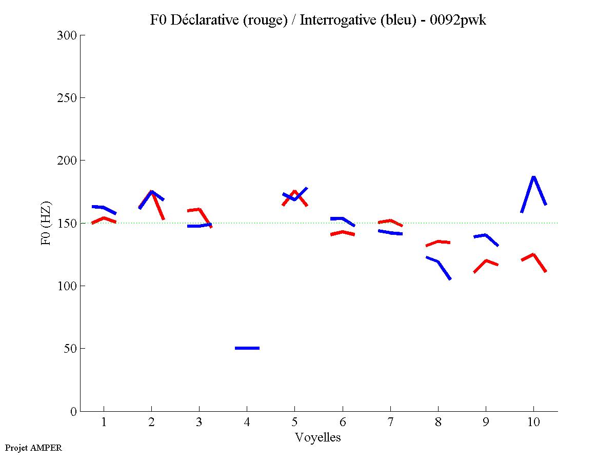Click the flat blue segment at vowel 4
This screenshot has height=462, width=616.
[x=247, y=348]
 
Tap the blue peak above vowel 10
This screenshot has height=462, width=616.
[x=534, y=177]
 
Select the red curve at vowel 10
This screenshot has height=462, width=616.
[x=534, y=255]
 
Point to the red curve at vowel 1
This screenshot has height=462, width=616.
[x=104, y=218]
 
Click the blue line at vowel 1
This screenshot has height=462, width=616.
[x=104, y=207]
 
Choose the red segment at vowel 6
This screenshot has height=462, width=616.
[x=342, y=232]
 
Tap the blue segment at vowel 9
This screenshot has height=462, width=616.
[x=485, y=235]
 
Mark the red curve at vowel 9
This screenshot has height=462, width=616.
[x=486, y=261]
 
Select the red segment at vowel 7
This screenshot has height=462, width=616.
[x=390, y=221]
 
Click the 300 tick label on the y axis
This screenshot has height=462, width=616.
[x=67, y=35]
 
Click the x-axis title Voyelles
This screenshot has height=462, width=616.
[x=318, y=437]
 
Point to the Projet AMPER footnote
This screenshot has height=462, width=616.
[x=33, y=448]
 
